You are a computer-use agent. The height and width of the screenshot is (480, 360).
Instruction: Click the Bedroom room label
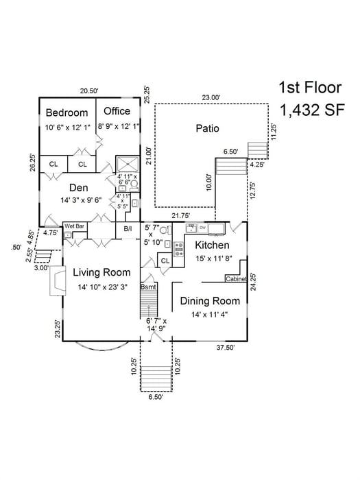[67, 112]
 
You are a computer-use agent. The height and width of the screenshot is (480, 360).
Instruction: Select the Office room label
[117, 111]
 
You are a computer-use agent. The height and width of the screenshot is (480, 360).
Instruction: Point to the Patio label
[207, 128]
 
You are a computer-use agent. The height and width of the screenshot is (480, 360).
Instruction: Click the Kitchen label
[211, 245]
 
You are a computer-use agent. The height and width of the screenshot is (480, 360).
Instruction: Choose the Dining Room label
[210, 300]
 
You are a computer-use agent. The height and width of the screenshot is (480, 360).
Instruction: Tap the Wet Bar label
[74, 226]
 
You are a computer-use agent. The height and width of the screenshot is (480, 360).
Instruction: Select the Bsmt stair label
[149, 287]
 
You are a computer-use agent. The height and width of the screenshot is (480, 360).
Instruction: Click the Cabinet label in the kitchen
[236, 279]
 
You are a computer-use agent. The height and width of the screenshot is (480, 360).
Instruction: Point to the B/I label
[128, 229]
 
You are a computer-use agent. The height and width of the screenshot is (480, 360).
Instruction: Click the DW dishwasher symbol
[203, 227]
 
